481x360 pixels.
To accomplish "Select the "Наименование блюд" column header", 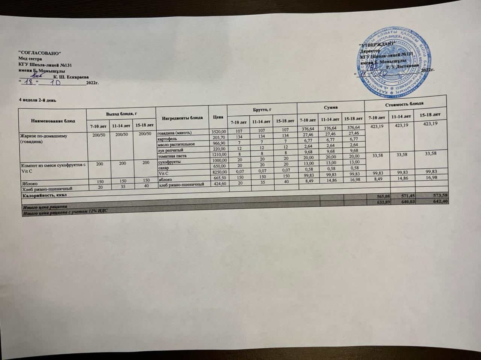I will pyautogui.click(x=53, y=121).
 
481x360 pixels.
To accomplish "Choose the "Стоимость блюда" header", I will pyautogui.click(x=404, y=103).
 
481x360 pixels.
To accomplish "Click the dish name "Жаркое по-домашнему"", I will pyautogui.click(x=44, y=136).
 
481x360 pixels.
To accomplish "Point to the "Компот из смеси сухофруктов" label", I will pyautogui.click(x=53, y=165).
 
